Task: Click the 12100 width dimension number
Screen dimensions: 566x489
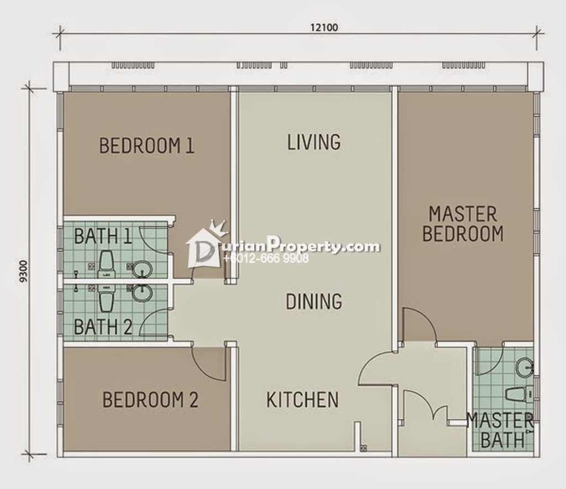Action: coord(324,28)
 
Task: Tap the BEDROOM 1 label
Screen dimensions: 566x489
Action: coord(147,146)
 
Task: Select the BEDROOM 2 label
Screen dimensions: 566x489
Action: coord(150,400)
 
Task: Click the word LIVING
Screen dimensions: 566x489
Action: coord(314,142)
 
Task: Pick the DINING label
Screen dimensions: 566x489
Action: coord(314,301)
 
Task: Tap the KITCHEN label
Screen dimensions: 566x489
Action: coord(302,399)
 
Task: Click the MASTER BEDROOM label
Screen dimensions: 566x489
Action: coord(463,224)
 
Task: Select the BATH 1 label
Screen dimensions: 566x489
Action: coord(103,236)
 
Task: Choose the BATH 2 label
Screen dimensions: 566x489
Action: coord(103,327)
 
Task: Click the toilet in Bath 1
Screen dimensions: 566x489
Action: coord(106,265)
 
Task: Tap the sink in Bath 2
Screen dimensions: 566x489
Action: coord(142,292)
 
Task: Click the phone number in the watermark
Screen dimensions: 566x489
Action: coord(266,258)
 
